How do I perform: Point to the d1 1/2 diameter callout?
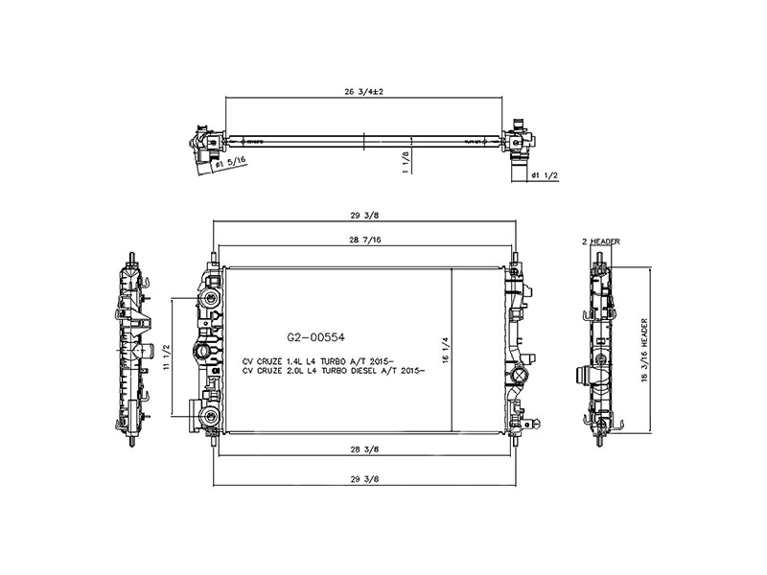[544, 175]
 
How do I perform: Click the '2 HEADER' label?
[602, 241]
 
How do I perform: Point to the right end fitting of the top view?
[519, 140]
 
